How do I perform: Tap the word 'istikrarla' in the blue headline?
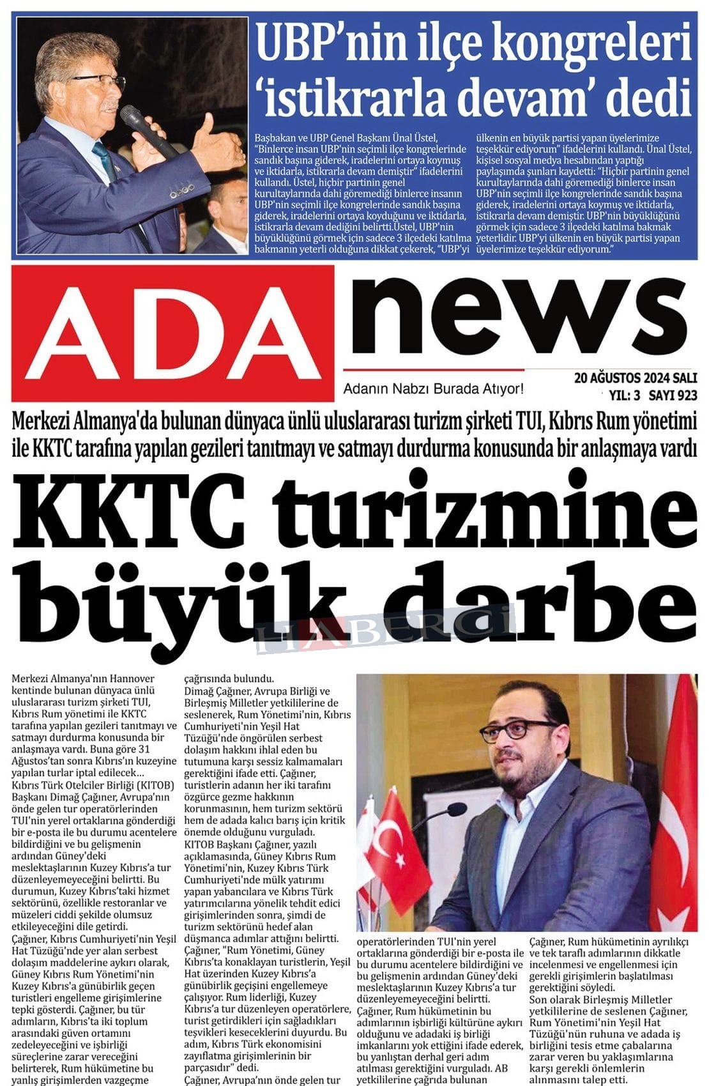[356, 98]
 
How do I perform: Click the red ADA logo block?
[172, 333]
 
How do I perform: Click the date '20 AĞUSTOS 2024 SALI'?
[635, 378]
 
